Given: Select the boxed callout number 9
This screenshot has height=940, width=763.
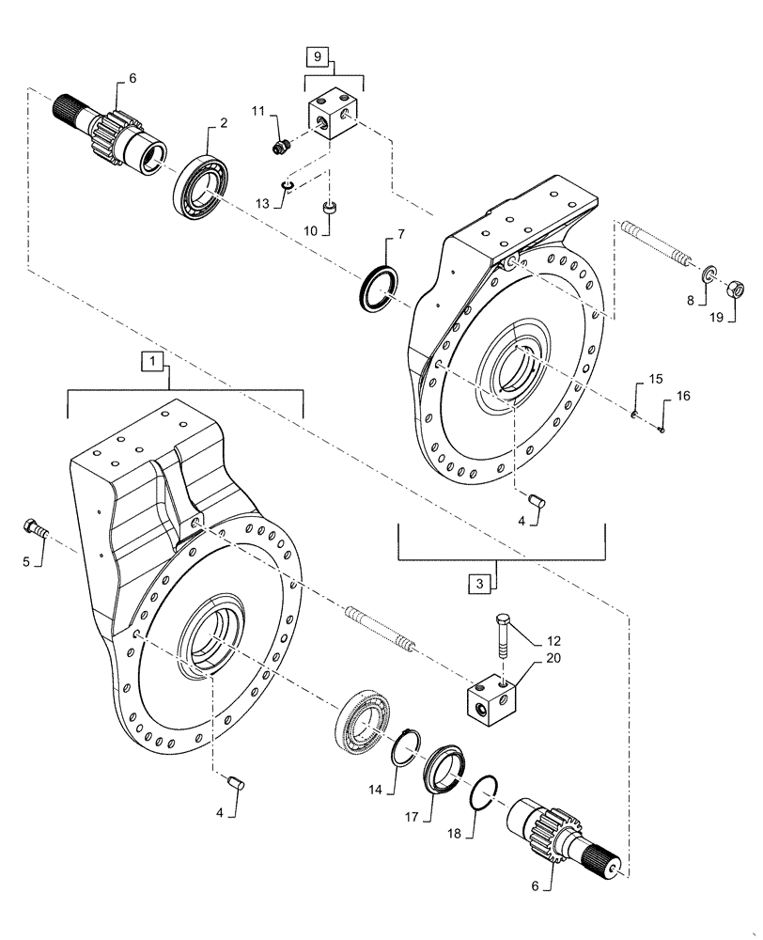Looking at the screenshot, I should click(x=317, y=58).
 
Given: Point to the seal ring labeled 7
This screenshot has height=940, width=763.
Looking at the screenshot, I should click(x=381, y=286).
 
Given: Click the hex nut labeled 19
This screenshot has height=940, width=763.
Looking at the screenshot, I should click(x=738, y=287).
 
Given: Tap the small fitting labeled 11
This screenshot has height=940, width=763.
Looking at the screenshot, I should click(x=279, y=146).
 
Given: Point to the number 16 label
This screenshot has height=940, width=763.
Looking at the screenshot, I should click(x=682, y=397).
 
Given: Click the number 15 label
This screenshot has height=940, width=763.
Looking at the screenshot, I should click(x=654, y=379).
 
